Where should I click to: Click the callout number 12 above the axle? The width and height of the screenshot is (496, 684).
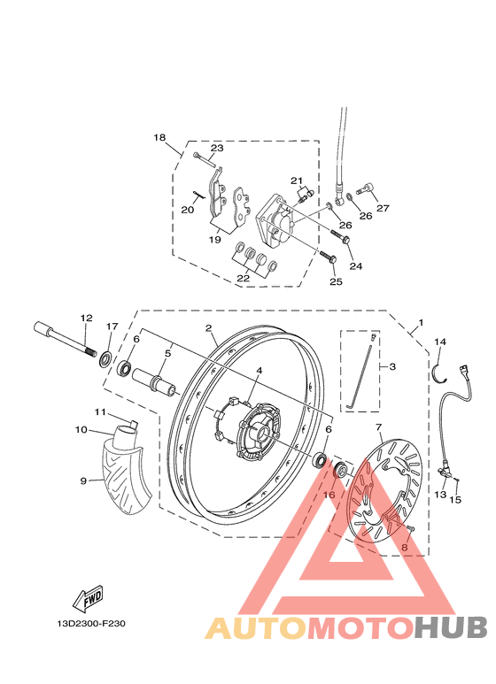(86, 318)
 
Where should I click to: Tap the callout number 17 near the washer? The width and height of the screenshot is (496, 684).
(111, 327)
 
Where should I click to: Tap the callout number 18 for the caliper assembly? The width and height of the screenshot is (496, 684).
(159, 138)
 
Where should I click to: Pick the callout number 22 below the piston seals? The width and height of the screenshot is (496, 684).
(243, 278)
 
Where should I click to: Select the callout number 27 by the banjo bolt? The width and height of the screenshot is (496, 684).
(383, 209)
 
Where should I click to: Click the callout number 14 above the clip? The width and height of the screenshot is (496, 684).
(440, 342)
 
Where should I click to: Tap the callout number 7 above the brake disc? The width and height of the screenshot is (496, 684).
(378, 427)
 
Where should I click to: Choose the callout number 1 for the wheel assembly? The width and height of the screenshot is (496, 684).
(421, 323)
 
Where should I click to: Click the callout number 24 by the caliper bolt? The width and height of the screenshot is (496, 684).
(356, 265)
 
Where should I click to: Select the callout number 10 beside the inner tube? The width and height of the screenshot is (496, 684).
(81, 430)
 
